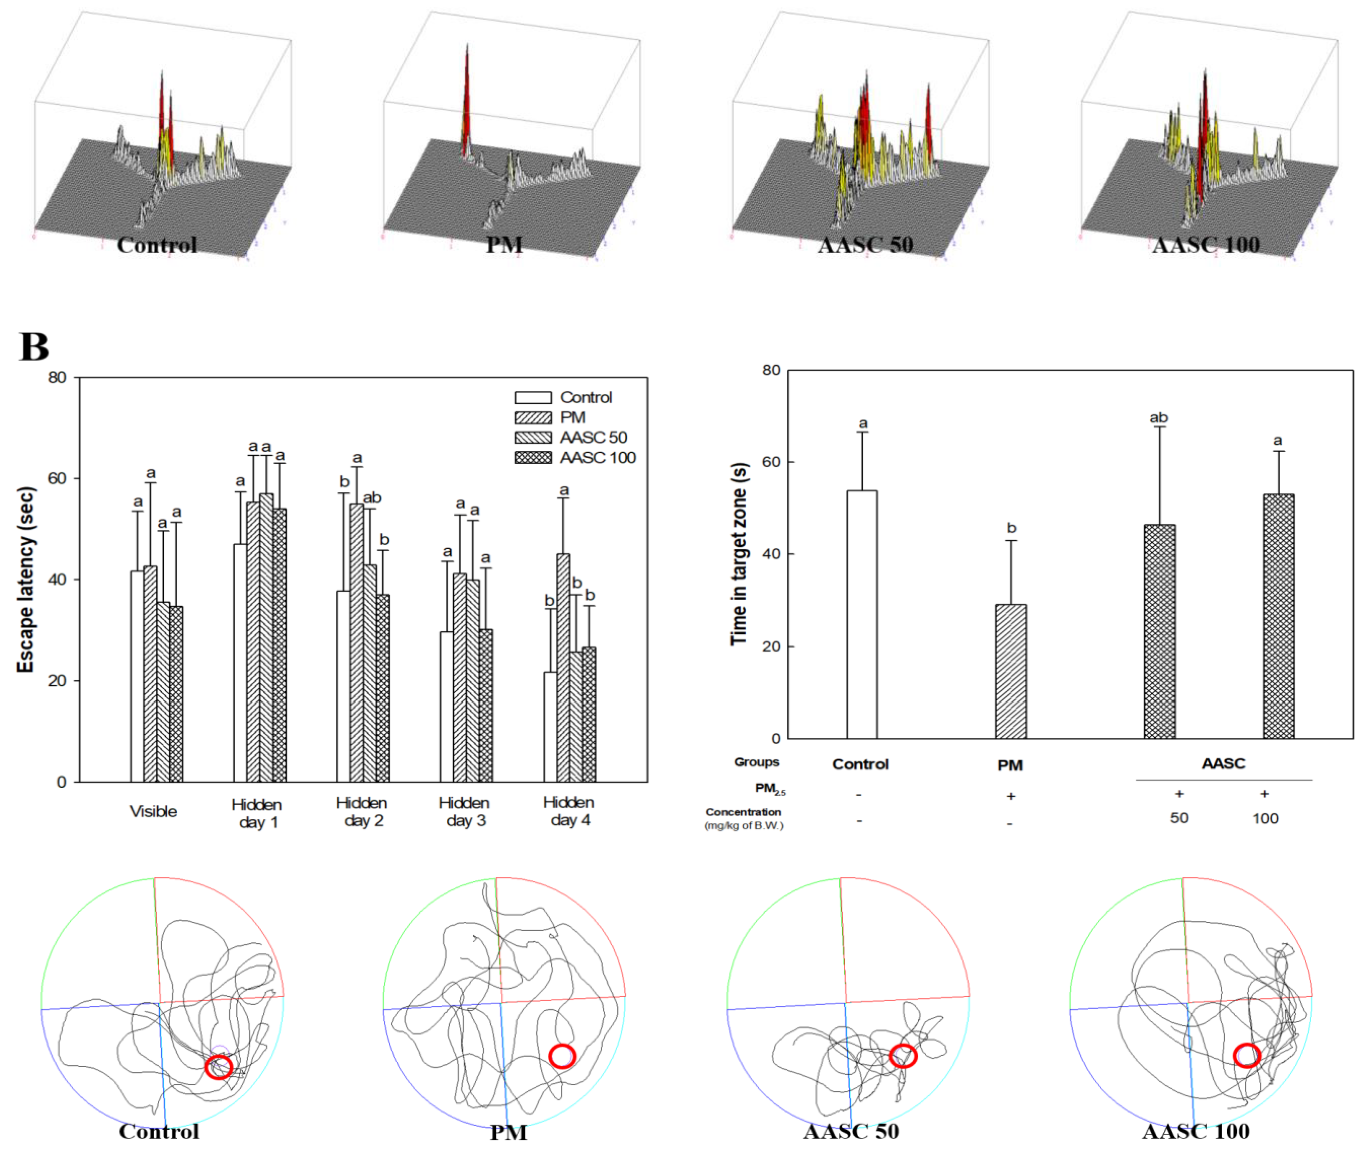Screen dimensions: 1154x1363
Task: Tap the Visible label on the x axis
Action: pos(153,811)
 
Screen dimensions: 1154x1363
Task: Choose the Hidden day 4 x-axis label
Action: pos(568,811)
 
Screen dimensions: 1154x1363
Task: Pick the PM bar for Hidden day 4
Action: pos(563,667)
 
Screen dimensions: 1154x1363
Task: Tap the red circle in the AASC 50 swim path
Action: pos(903,1056)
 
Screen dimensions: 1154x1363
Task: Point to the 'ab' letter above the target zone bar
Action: pos(1159,417)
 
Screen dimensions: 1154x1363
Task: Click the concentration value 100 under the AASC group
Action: pos(1265,818)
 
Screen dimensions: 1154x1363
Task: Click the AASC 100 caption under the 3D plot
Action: pos(1205,245)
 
